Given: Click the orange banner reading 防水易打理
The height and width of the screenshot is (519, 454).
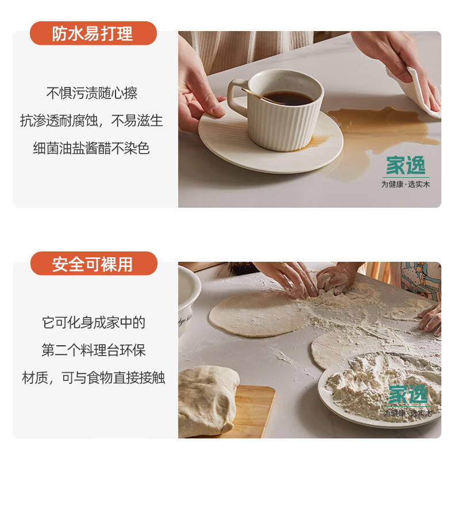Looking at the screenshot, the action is pyautogui.click(x=93, y=33).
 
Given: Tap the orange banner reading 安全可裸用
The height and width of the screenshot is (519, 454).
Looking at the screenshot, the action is pyautogui.click(x=94, y=264).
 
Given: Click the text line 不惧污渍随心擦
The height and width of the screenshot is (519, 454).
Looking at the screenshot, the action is pyautogui.click(x=91, y=93).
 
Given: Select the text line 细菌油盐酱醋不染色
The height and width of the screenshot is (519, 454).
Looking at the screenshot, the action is pyautogui.click(x=91, y=148).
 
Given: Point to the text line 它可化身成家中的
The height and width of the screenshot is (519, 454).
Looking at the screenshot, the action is pyautogui.click(x=94, y=322).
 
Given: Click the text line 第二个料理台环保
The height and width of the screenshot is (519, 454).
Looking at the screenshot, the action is pyautogui.click(x=94, y=350).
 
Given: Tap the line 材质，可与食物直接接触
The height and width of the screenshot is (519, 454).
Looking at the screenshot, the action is pyautogui.click(x=93, y=377).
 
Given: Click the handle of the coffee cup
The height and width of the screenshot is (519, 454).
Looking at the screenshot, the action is pyautogui.click(x=236, y=96).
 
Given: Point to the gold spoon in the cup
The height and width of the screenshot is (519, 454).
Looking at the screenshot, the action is pyautogui.click(x=263, y=96).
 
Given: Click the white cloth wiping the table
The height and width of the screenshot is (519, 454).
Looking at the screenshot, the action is pyautogui.click(x=417, y=93).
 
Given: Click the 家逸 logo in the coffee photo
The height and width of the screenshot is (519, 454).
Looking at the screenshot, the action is pyautogui.click(x=406, y=165).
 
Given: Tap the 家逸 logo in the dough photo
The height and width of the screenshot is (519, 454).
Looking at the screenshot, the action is pyautogui.click(x=408, y=394).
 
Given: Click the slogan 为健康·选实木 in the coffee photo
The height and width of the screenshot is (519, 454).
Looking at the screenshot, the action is pyautogui.click(x=406, y=184).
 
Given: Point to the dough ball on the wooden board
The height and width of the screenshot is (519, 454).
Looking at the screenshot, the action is pyautogui.click(x=207, y=400).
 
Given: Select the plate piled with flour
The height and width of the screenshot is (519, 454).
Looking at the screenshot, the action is pyautogui.click(x=380, y=390).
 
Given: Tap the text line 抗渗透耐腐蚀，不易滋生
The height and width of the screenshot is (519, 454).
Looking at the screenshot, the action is pyautogui.click(x=91, y=120).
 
